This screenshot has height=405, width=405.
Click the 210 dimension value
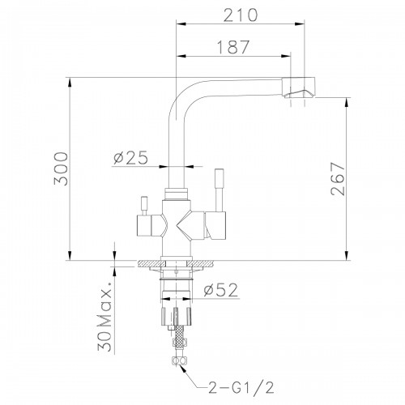(x=241, y=15)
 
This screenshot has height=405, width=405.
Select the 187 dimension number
(x=233, y=47)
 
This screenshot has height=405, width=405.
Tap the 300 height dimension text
(x=61, y=168)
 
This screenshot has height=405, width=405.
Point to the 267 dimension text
(x=338, y=179)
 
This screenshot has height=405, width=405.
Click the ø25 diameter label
(x=131, y=158)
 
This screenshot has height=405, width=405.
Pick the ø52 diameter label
(x=221, y=290)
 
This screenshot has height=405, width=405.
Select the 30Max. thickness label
(x=104, y=317)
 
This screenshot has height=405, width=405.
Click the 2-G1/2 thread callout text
(x=241, y=388)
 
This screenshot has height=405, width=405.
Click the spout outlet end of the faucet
(x=299, y=87)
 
